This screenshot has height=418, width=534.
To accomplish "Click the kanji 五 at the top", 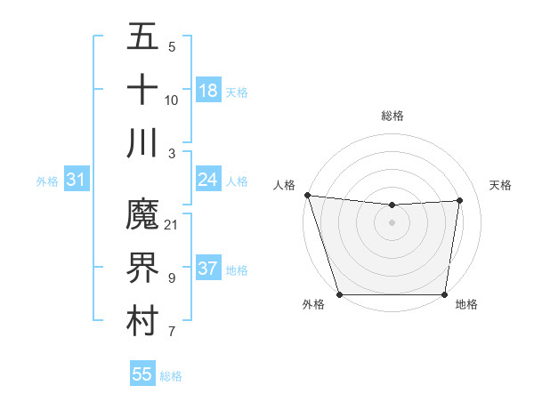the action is (142, 37).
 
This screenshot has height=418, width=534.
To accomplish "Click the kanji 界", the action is (142, 268).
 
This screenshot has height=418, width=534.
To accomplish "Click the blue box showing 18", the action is (207, 90).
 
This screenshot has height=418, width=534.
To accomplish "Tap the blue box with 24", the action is (207, 180).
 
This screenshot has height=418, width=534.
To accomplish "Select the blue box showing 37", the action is (207, 269).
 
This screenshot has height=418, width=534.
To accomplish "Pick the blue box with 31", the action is (76, 180).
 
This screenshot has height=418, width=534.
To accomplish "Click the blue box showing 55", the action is (142, 374).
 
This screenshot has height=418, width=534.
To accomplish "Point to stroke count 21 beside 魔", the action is (172, 224).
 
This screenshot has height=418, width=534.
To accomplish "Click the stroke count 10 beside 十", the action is (172, 100).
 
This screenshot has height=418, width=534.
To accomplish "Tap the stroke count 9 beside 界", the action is (172, 278).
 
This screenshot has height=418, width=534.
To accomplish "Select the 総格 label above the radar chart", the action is (392, 116).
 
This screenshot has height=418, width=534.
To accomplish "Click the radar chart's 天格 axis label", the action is (501, 185).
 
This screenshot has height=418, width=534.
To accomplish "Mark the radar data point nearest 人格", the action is (307, 195).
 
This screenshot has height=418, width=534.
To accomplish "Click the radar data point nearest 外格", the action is (339, 294).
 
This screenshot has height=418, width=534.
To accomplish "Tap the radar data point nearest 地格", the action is (444, 294).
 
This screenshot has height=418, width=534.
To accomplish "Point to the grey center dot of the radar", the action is (392, 222).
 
